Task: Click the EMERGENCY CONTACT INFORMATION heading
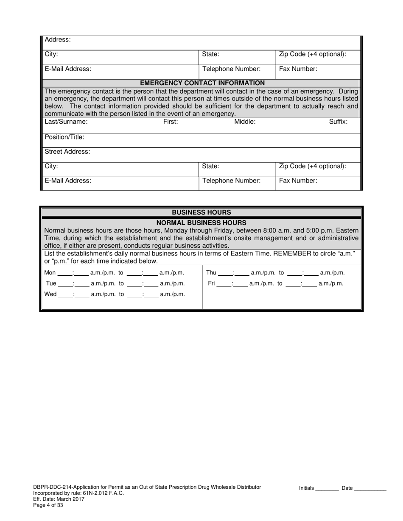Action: click(x=202, y=83)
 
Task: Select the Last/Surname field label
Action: click(x=66, y=122)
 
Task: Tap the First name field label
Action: click(x=171, y=122)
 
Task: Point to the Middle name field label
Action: click(x=245, y=122)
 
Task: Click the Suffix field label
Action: click(x=338, y=122)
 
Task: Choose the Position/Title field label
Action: click(x=64, y=137)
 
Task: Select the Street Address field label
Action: click(x=67, y=152)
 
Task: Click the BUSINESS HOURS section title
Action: click(x=201, y=212)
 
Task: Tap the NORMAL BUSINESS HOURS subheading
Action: click(x=201, y=222)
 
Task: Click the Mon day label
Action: click(x=50, y=273)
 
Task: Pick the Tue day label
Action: click(x=51, y=283)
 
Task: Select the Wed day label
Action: click(x=50, y=294)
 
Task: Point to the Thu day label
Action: click(x=211, y=273)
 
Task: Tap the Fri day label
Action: click(x=211, y=283)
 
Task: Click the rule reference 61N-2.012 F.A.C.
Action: click(x=105, y=493)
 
